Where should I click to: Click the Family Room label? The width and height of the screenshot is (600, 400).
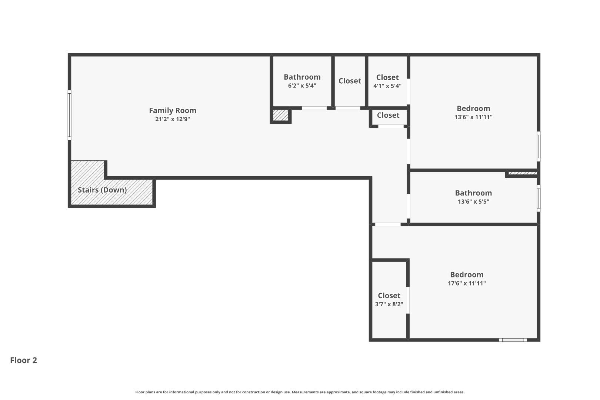click(173, 110)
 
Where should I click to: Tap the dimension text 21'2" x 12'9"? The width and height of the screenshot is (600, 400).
click(173, 119)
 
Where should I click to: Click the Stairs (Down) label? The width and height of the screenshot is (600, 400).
click(102, 190)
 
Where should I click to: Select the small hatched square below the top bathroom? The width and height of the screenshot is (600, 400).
click(280, 115)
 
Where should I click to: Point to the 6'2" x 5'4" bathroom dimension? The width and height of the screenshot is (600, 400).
click(302, 86)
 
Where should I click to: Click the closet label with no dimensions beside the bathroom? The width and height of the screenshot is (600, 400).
click(350, 81)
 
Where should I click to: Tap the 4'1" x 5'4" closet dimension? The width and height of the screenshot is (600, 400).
click(387, 86)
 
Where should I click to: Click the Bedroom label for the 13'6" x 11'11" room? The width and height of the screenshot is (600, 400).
click(473, 109)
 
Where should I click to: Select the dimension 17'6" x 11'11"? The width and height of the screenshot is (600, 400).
click(467, 283)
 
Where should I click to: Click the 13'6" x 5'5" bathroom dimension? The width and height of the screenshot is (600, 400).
click(473, 202)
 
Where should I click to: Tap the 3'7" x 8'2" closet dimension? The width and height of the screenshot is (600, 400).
click(389, 304)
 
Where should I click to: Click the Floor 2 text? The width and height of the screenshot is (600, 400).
click(23, 360)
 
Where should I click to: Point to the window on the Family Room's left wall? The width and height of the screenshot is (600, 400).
click(69, 115)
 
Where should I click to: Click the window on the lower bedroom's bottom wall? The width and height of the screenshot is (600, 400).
click(513, 340)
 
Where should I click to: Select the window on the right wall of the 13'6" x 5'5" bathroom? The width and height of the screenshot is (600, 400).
click(539, 199)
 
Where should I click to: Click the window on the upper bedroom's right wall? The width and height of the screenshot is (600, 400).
click(539, 146)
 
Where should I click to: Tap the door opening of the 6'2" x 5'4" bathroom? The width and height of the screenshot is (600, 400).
click(314, 108)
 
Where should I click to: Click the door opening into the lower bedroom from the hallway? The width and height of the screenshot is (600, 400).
click(387, 224)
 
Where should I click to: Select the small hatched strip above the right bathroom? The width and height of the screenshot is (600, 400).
click(523, 173)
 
